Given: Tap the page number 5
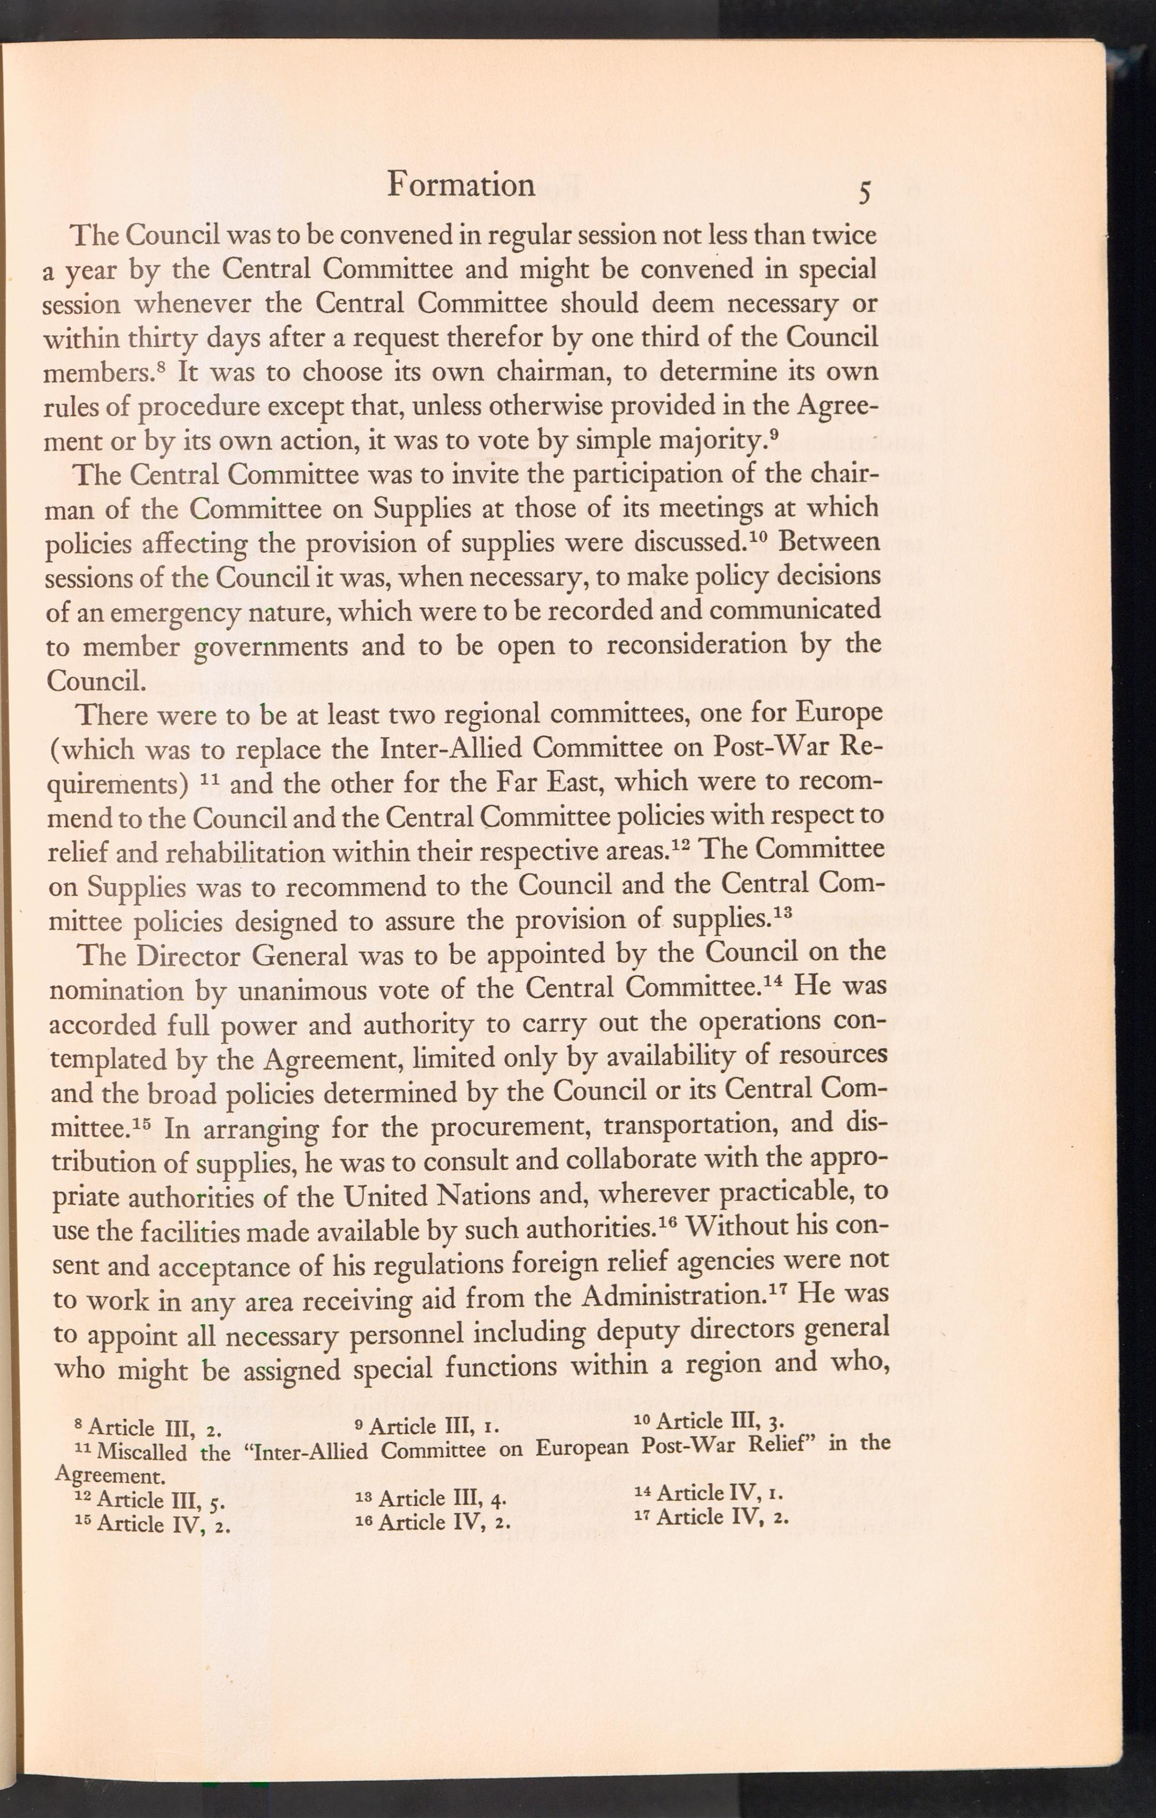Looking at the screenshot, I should coord(864,193).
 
